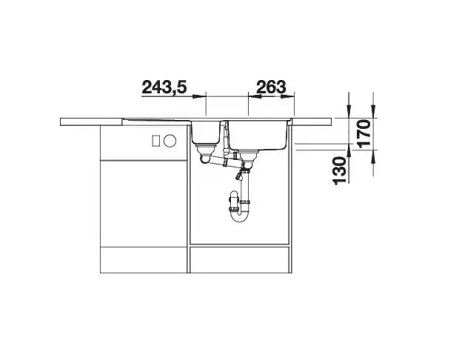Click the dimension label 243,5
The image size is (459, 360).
tap(164, 87)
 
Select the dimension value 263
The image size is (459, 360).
tap(271, 87)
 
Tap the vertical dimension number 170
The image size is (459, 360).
tap(365, 134)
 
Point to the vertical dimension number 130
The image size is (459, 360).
tap(340, 171)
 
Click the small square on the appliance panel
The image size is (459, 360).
tap(155, 141)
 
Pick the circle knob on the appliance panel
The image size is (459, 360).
tap(170, 141)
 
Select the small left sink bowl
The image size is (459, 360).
tap(206, 133)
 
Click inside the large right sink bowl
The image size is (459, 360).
tap(258, 136)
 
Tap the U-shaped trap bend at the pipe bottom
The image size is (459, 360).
tap(240, 219)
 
